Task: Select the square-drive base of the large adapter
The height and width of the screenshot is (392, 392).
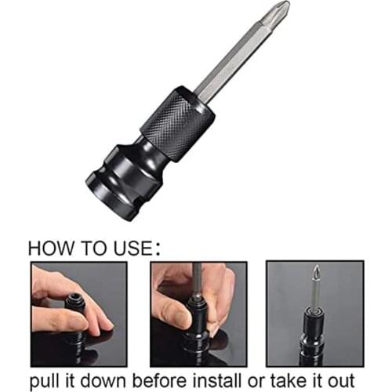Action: [118, 179]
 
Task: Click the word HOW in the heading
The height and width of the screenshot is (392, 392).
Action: [54, 248]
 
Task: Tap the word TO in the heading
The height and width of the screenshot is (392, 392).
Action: [99, 248]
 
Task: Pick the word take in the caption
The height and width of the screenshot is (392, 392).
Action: [289, 379]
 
